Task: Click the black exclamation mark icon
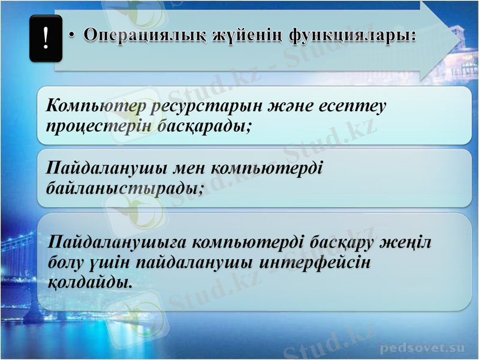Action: pos(46,40)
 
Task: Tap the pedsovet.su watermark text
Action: pos(422,347)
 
